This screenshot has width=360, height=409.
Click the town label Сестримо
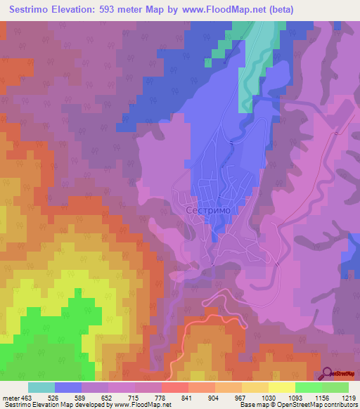pyautogui.click(x=208, y=209)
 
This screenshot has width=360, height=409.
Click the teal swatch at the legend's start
pyautogui.click(x=41, y=387)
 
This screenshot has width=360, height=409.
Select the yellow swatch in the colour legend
pyautogui.click(x=281, y=387)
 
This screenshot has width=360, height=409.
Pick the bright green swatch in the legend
pyautogui.click(x=308, y=387)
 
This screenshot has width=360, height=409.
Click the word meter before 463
pyautogui.click(x=11, y=397)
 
